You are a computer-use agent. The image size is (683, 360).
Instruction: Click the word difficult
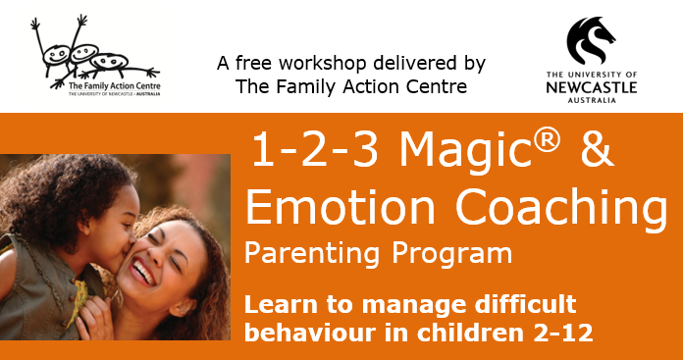tap(527, 304)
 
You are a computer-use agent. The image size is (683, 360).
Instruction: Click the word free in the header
tap(257, 65)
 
